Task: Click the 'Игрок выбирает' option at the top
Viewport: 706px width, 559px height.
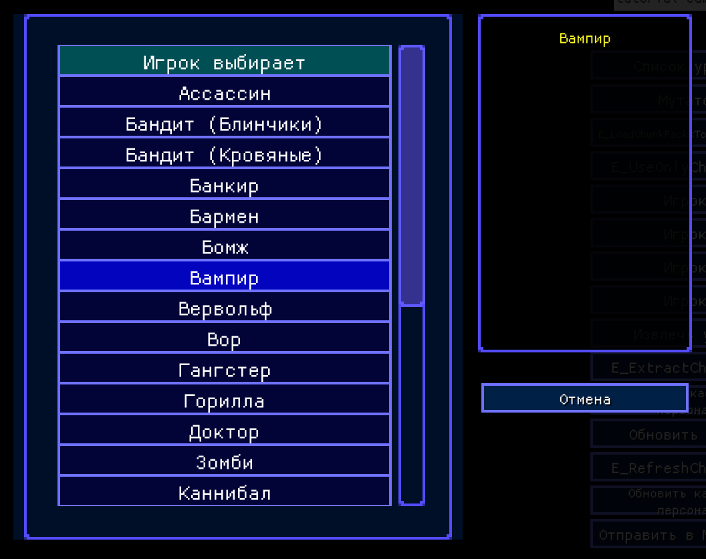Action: (224, 62)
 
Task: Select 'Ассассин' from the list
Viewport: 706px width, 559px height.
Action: (224, 93)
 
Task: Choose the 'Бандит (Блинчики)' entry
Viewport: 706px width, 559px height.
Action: (224, 124)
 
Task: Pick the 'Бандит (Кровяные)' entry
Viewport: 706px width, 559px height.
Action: (224, 154)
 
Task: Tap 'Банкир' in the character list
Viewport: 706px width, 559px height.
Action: (224, 185)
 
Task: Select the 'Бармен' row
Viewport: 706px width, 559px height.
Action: (224, 216)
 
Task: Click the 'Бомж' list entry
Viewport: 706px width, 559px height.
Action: (224, 247)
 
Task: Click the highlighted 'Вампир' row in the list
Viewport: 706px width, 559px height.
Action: (224, 277)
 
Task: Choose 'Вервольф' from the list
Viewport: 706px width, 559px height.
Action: (224, 308)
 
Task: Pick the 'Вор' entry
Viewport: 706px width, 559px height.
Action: (224, 339)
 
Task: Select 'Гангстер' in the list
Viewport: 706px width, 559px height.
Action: (224, 370)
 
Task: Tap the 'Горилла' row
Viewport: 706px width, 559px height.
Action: (224, 401)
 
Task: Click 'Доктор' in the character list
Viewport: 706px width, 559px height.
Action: (224, 431)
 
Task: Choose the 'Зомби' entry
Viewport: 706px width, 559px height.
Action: (224, 462)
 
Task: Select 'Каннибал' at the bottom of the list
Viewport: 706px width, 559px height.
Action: (224, 493)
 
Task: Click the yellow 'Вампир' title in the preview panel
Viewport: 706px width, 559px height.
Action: (584, 39)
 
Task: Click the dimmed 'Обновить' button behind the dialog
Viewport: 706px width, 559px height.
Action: (662, 435)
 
